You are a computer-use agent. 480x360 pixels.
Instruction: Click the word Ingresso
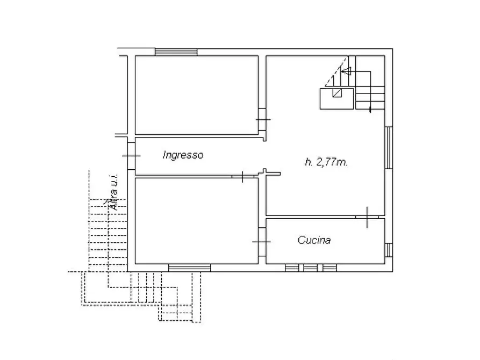183,155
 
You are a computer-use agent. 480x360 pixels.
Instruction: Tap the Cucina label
314,240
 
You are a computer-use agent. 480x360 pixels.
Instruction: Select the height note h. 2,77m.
326,162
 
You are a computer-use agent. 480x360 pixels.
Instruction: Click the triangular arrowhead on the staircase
346,70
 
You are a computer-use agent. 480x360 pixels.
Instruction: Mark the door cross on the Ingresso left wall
131,156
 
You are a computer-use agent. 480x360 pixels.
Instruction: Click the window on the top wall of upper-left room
176,52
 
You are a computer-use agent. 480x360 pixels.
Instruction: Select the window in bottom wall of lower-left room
189,268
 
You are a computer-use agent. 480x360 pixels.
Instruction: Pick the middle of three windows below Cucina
310,268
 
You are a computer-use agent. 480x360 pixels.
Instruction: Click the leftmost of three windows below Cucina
292,268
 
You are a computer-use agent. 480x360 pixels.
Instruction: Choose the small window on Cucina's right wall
389,250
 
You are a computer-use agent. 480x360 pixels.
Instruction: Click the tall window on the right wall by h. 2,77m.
389,148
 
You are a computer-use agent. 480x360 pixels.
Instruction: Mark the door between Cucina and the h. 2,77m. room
367,217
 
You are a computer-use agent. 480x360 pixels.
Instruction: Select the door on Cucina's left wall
262,242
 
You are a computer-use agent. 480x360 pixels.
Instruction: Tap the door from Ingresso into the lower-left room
243,176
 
